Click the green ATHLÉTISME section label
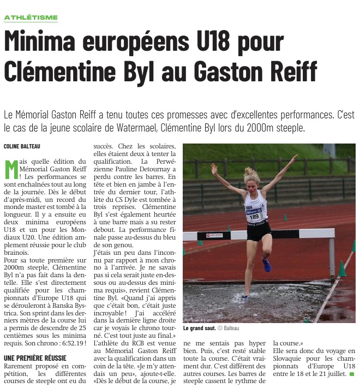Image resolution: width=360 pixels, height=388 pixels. [31, 17]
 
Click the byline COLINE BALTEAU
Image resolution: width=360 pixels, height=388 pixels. [22, 146]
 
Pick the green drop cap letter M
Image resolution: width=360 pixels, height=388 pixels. [11, 169]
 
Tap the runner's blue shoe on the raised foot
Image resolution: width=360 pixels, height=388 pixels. [266, 265]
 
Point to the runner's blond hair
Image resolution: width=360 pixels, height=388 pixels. [251, 175]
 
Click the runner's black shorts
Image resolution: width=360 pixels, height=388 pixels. [258, 231]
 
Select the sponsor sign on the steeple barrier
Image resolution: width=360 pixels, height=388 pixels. [213, 235]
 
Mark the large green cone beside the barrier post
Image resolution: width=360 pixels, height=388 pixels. [341, 268]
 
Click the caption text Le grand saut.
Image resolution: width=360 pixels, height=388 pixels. [199, 328]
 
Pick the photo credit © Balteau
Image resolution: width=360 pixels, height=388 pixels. [228, 328]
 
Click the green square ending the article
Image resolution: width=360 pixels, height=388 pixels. [352, 374]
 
